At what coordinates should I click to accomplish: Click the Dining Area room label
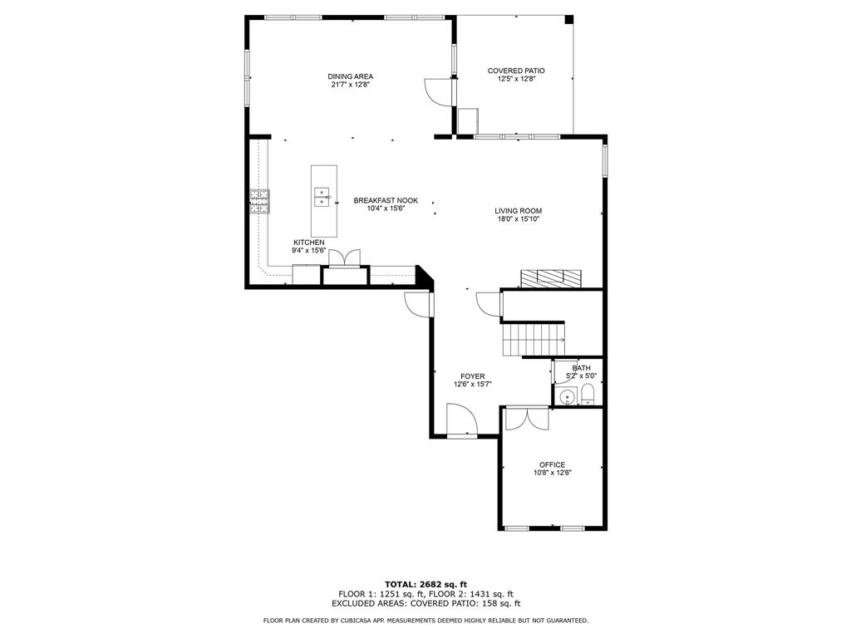point(350,76)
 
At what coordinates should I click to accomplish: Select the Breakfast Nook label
point(386,200)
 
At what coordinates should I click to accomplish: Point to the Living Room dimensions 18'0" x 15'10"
point(518,219)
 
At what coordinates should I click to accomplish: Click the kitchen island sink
point(322,197)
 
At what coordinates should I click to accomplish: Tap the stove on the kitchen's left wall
point(259,202)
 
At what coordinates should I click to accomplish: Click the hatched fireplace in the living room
point(550,277)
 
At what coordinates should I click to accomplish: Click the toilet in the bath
point(588,395)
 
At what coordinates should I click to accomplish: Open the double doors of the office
point(527,417)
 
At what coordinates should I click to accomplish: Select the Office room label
point(552,464)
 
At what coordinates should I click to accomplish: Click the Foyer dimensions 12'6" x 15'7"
point(473,385)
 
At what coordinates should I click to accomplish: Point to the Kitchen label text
point(308,243)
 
